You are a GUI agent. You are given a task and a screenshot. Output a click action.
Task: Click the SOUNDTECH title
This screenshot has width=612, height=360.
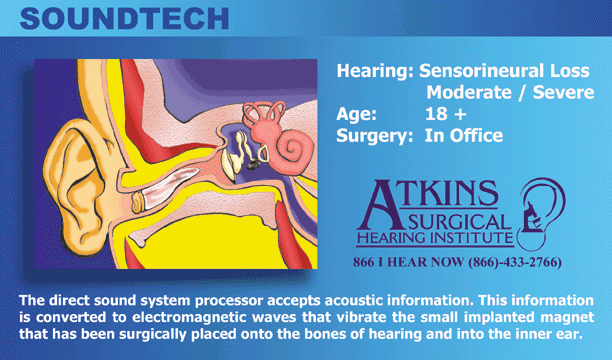click(125, 19)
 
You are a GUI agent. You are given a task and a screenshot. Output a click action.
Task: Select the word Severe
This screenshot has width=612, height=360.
click(564, 93)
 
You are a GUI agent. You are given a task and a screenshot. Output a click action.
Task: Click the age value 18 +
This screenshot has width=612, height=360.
click(445, 114)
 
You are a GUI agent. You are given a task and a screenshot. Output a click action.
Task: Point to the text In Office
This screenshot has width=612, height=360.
click(464, 135)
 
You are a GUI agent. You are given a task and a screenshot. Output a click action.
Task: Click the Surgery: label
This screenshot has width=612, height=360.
click(374, 135)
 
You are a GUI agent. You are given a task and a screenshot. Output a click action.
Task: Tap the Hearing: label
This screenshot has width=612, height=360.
click(375, 71)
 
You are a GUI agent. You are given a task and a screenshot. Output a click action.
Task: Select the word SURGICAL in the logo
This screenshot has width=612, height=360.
click(459, 223)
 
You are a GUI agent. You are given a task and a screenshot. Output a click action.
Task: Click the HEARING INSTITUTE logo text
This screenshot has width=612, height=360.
click(435, 238)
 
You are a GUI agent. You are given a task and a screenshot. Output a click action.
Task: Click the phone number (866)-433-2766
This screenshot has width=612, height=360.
click(515, 262)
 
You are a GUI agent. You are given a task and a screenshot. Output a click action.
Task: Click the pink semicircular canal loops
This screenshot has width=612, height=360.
click(263, 115)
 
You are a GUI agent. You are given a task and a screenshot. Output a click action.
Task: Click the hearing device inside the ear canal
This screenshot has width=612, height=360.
click(165, 189)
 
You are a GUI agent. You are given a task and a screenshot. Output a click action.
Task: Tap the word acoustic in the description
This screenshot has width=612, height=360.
click(352, 300)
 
